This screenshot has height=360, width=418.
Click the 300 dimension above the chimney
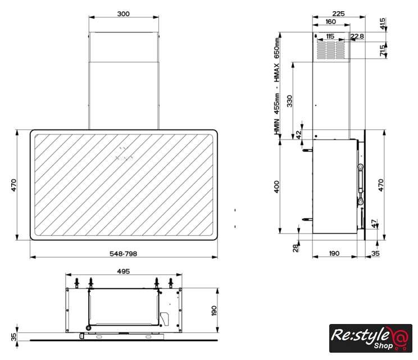coord(124,14)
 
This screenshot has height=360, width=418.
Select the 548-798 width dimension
coord(124,254)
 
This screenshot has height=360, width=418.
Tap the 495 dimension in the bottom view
coord(124,271)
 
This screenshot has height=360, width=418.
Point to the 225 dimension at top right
coord(339,13)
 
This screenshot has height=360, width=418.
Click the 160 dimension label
coord(331,21)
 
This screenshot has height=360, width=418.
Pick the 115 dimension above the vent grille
coord(330,37)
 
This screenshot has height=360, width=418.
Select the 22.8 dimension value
coord(357,37)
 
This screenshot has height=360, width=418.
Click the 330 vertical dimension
coord(289,101)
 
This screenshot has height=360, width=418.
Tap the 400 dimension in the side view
coord(277,187)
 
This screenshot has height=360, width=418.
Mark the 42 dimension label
coord(299,134)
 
